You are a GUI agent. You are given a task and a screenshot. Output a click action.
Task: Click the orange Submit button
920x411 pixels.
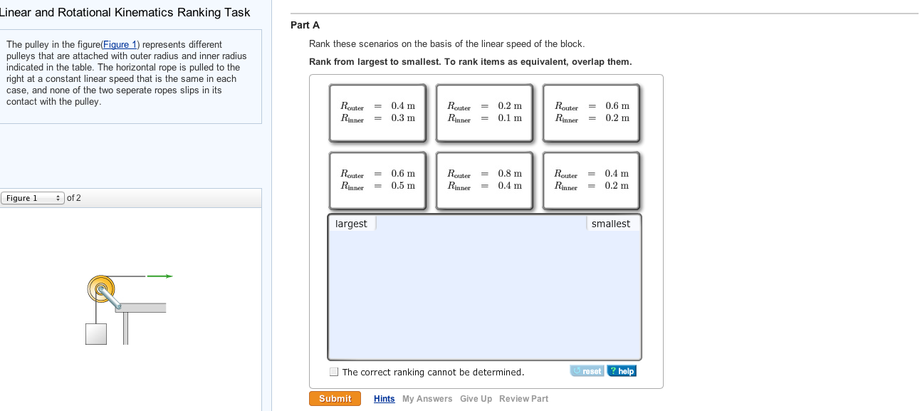click(335, 399)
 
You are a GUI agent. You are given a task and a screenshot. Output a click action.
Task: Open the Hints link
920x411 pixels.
click(384, 399)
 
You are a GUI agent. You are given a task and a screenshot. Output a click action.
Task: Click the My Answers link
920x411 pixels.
click(427, 399)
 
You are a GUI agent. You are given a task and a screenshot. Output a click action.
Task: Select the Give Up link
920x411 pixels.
click(476, 399)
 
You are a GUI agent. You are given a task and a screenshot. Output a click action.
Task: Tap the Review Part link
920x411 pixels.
click(523, 399)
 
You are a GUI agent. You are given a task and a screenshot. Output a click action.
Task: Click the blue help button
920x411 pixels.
click(622, 371)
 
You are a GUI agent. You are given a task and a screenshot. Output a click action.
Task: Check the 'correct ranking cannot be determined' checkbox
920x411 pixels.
click(334, 372)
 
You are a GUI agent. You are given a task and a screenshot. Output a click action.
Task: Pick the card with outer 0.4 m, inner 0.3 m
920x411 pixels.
click(377, 113)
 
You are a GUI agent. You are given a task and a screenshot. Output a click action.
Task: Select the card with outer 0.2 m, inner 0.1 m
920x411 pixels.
click(484, 113)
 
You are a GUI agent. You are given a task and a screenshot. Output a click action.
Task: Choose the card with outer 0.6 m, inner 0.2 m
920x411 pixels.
click(591, 113)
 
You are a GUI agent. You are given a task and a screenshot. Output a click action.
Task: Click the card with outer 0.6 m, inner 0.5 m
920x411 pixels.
click(377, 180)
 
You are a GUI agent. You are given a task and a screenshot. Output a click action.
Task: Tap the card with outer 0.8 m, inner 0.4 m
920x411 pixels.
click(484, 180)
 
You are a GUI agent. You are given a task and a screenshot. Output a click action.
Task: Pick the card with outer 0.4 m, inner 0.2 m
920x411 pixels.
click(591, 180)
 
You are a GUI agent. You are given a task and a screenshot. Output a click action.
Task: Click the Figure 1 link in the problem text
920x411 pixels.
click(120, 45)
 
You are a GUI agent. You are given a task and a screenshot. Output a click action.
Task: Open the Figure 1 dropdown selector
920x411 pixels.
click(33, 198)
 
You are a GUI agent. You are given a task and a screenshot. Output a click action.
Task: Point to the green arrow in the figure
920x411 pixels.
click(160, 276)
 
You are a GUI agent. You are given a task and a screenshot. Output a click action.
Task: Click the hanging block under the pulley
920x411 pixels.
click(96, 334)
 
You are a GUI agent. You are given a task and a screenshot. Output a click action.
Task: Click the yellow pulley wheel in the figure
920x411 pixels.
click(101, 288)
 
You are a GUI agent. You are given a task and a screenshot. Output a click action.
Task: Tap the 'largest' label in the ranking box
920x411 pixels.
click(351, 224)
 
